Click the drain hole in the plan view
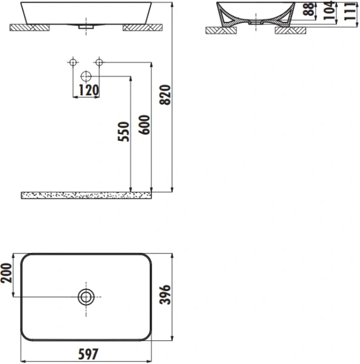point(86,297)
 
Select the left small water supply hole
point(73,62)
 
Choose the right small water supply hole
point(99,62)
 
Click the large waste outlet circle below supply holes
point(86,76)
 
